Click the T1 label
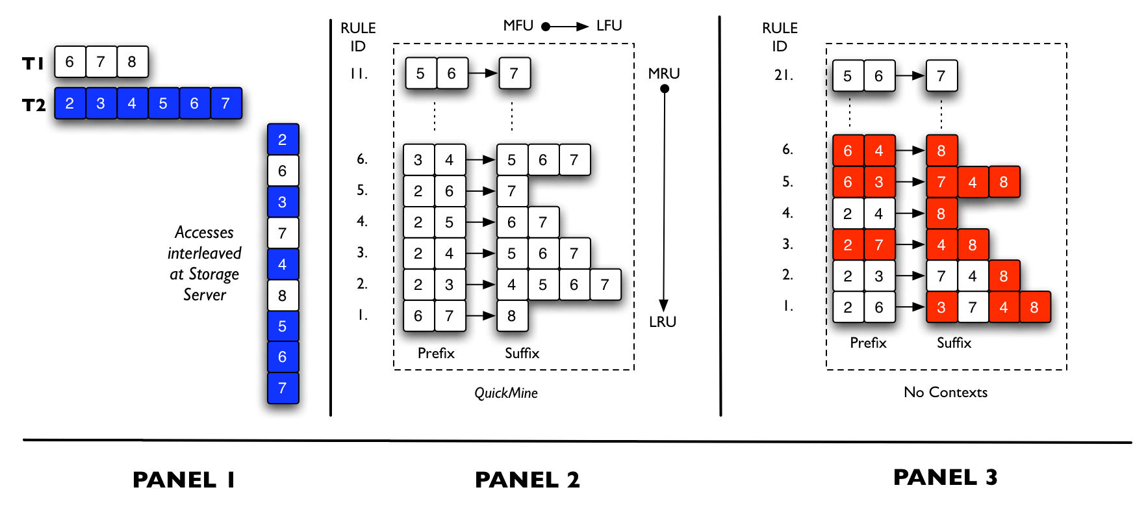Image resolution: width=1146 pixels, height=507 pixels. click(33, 63)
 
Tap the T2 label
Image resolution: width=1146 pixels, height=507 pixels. click(34, 105)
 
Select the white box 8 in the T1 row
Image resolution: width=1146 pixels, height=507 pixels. click(132, 62)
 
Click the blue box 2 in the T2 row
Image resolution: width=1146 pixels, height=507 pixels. click(70, 103)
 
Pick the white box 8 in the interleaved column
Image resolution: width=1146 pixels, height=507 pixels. click(283, 296)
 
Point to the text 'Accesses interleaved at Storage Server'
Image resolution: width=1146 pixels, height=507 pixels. click(204, 263)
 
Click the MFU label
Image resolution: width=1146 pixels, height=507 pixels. click(518, 25)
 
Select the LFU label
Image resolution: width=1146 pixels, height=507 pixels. click(609, 25)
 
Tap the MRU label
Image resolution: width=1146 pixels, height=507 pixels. click(664, 73)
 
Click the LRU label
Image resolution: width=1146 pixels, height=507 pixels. click(663, 322)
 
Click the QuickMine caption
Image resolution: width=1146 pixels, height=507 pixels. click(506, 393)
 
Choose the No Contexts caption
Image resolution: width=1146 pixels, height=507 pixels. click(945, 392)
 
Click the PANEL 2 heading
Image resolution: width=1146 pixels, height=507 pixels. click(527, 480)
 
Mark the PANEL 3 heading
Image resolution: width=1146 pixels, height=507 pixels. click(945, 477)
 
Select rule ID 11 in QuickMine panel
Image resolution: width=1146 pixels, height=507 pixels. click(359, 74)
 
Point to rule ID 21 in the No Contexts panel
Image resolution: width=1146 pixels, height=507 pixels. click(783, 75)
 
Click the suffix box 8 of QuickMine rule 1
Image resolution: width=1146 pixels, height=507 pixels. click(512, 316)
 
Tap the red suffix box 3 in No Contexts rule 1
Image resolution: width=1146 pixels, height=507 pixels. click(941, 307)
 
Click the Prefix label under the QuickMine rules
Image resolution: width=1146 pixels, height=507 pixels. click(436, 353)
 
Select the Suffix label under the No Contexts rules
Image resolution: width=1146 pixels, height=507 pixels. click(954, 343)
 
